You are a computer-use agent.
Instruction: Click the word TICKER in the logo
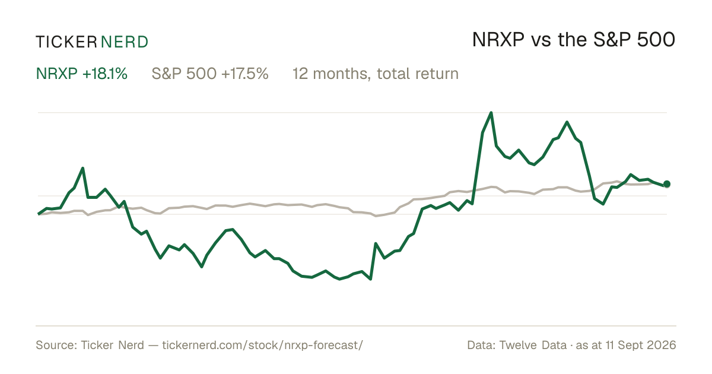pos(66,42)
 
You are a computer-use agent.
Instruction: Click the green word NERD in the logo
pos(125,42)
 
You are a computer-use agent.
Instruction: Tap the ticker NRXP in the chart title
pos(498,40)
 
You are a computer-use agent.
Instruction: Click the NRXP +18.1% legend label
pos(82,74)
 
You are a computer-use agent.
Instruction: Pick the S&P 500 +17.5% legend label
pos(210,74)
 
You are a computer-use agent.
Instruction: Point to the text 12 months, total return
pos(376,74)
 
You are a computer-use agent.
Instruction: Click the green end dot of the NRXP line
pos(667,184)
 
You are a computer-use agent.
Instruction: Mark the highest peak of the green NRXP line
pos(491,113)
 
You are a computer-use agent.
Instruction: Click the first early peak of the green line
pos(82,168)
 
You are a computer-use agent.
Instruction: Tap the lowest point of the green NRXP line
pos(371,279)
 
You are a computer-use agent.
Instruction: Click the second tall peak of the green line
pos(567,122)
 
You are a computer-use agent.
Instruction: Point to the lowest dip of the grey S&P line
pos(376,216)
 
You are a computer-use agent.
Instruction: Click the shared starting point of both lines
pos(39,214)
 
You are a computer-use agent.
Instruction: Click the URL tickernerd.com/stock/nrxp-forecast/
pos(262,345)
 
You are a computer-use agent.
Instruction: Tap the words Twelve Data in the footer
pos(533,345)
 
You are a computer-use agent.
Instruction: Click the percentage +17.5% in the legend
pos(245,74)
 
